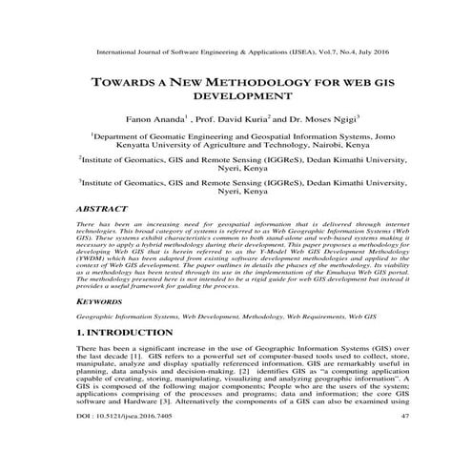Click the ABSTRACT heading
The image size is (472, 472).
coord(101,205)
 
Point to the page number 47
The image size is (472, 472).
coord(404,442)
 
